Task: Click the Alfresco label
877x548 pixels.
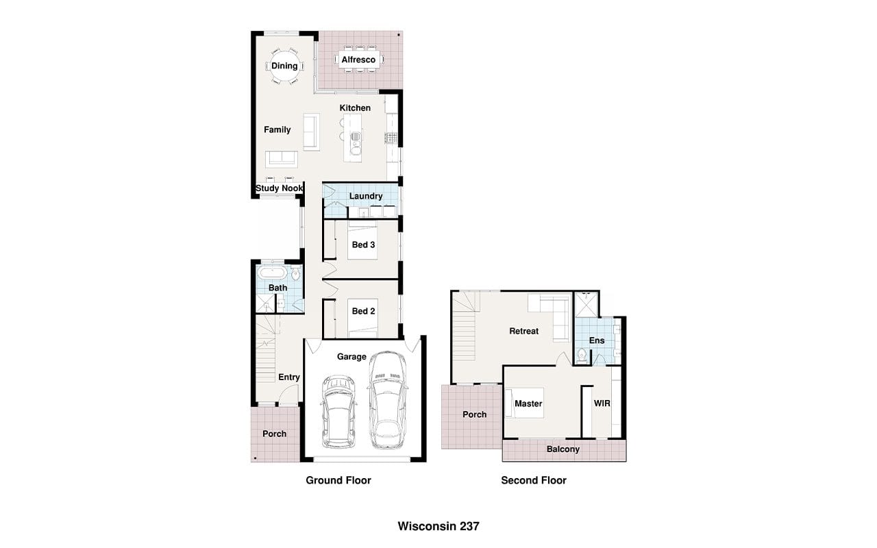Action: [x=358, y=60]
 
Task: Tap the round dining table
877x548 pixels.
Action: [x=284, y=65]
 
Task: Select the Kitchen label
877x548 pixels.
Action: [x=355, y=108]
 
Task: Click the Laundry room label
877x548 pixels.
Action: [x=366, y=196]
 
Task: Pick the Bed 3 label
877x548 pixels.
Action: [x=363, y=245]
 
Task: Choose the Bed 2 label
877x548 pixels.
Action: [x=363, y=311]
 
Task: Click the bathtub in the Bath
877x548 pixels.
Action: [x=273, y=273]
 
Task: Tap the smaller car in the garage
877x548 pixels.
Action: [x=338, y=412]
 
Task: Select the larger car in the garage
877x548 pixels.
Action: [x=387, y=400]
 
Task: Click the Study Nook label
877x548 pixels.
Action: [x=279, y=188]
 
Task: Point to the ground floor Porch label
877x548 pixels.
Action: [x=274, y=434]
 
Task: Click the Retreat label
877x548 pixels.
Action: [x=524, y=331]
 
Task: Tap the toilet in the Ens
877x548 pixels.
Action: [x=582, y=356]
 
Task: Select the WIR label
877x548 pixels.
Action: [x=602, y=403]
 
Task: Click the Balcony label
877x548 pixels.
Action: [x=563, y=449]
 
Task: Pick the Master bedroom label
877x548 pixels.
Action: [x=528, y=403]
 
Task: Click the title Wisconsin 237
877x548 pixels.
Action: [x=438, y=526]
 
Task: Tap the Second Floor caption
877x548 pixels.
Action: [x=534, y=480]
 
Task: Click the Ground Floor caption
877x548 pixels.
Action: [x=338, y=480]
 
